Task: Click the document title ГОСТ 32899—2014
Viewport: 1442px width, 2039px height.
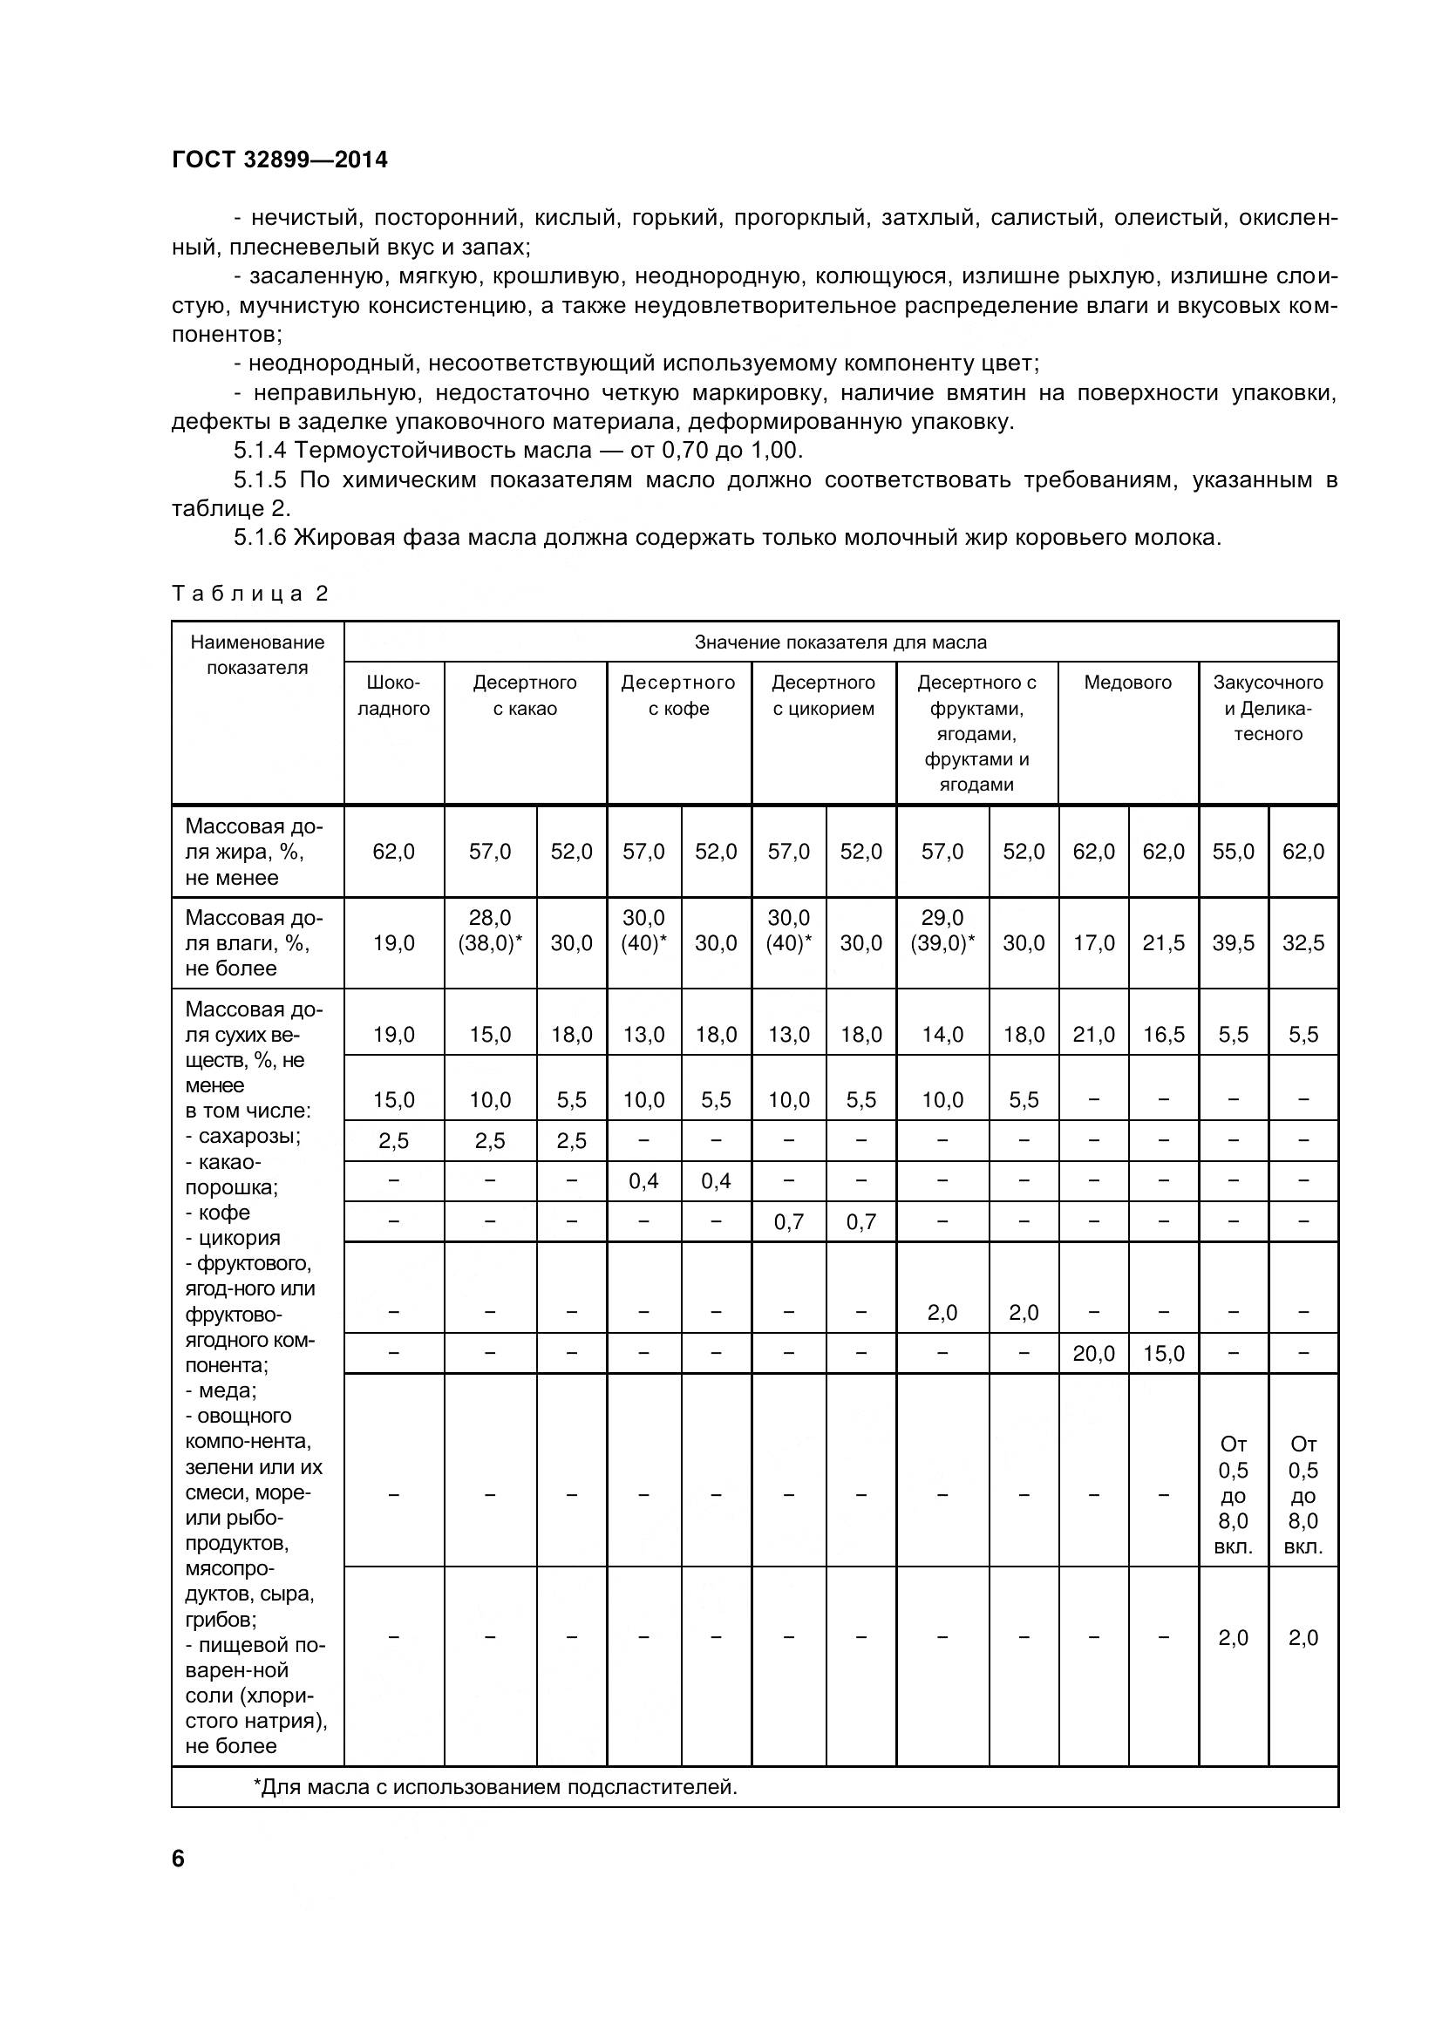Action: [280, 160]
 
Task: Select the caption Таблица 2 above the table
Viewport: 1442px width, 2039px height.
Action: [249, 594]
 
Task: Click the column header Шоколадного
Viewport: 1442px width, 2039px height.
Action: [393, 696]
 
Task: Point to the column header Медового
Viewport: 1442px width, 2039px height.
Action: [1126, 682]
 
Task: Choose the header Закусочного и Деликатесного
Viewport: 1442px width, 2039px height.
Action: [1267, 708]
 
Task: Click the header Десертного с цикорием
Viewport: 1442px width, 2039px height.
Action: [823, 696]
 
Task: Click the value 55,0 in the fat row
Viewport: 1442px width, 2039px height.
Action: [1233, 852]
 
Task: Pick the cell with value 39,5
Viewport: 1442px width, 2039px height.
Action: [1233, 943]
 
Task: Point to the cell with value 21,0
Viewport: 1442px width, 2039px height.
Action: [1093, 1035]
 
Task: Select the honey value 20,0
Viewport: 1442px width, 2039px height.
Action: [1093, 1354]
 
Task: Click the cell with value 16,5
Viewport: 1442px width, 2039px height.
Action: [1163, 1035]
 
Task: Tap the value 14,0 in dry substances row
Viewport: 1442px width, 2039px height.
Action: [942, 1035]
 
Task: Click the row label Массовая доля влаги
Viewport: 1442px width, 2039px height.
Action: [253, 943]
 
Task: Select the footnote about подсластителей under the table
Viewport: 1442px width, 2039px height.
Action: [495, 1787]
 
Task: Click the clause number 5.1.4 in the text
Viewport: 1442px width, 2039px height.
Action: [260, 450]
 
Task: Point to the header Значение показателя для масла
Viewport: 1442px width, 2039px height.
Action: [840, 642]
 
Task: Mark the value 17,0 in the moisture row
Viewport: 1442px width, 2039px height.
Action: [1093, 943]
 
